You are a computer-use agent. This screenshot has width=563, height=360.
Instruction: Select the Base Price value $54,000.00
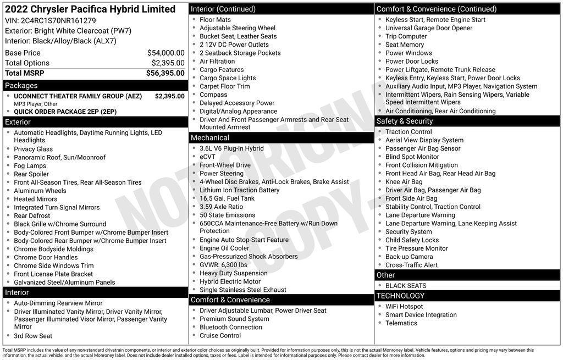[165, 53]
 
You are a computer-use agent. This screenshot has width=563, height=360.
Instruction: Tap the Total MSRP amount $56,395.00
[165, 73]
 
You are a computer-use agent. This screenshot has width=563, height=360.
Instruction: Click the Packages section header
[21, 85]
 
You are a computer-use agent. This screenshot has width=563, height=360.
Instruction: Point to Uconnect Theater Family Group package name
[78, 96]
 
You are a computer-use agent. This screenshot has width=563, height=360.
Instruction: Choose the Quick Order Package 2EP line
[65, 112]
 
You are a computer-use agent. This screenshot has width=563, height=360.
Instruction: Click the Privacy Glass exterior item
[34, 149]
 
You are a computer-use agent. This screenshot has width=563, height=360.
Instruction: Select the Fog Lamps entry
[30, 166]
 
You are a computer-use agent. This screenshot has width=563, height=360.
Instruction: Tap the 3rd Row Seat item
[33, 336]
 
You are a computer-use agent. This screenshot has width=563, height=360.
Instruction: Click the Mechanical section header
[209, 137]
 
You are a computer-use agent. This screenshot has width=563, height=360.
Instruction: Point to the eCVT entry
[208, 157]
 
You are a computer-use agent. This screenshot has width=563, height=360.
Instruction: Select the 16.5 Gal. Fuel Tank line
[227, 198]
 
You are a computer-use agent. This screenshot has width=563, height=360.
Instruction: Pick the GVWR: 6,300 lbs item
[223, 265]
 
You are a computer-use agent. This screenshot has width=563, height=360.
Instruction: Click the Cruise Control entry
[220, 335]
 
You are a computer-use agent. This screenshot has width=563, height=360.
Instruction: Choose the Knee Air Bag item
[404, 182]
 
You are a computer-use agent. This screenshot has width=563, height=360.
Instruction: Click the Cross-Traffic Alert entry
[411, 265]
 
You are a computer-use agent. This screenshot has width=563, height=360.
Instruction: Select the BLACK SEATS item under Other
[406, 286]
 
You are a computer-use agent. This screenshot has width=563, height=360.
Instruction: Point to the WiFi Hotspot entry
[404, 307]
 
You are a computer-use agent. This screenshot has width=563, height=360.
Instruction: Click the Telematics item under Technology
[401, 323]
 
